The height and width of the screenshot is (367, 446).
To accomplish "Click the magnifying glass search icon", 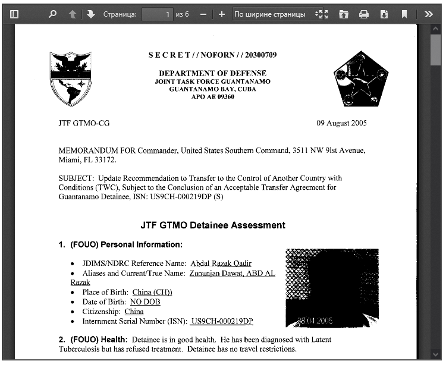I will [x=52, y=14].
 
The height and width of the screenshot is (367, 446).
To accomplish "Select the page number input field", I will [x=158, y=14].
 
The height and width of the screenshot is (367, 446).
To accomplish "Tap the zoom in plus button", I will [x=222, y=14].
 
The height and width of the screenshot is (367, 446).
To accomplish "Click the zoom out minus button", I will [x=203, y=14].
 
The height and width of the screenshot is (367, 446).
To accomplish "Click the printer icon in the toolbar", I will [x=364, y=14].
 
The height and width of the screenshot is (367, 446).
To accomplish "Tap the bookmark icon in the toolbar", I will [x=404, y=14].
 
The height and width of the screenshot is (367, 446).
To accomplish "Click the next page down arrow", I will [x=90, y=14].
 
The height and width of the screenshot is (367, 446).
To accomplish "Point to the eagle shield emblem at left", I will [x=71, y=78].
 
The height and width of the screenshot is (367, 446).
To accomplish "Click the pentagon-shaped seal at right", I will [x=361, y=79].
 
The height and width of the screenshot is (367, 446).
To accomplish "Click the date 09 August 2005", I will [x=341, y=123].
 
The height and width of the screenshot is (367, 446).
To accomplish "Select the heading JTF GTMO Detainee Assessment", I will [x=213, y=225].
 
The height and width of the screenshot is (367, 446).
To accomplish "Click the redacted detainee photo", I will [x=332, y=287].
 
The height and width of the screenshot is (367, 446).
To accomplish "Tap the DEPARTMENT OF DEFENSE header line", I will [x=212, y=73].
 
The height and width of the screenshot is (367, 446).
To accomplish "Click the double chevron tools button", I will [x=429, y=14].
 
